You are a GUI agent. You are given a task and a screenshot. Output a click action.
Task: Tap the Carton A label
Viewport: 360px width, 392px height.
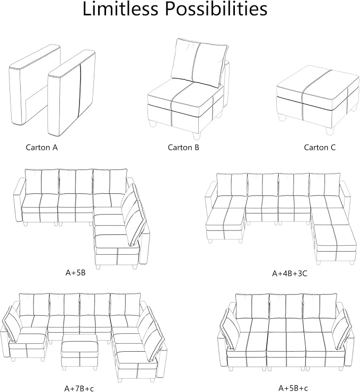[42, 147]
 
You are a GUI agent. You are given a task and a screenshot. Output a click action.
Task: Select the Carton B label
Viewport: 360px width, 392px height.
[183, 147]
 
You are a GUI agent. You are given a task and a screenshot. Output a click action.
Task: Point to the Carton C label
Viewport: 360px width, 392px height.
[320, 147]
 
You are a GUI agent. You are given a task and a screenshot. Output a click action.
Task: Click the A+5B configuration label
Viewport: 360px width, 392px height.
[75, 272]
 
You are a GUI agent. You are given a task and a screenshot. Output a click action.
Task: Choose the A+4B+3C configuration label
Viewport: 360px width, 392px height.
[289, 273]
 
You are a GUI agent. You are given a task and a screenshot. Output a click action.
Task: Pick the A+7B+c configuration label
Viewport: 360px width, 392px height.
[79, 388]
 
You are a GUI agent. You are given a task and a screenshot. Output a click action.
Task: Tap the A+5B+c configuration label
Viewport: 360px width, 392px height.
[293, 388]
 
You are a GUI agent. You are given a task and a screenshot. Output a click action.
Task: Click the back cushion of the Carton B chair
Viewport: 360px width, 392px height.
[199, 63]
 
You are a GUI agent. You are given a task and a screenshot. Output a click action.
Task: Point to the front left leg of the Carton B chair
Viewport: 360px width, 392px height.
[152, 124]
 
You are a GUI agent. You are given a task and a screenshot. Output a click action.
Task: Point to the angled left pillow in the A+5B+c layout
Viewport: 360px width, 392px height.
[230, 329]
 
